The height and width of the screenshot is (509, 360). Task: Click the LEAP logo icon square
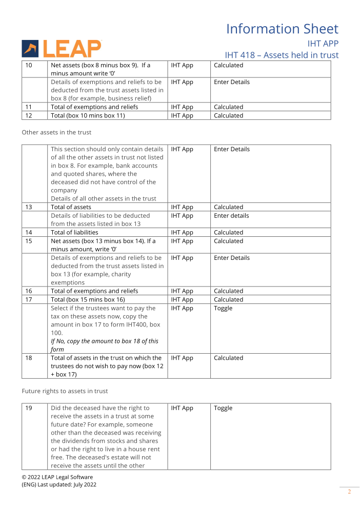pyautogui.click(x=30, y=49)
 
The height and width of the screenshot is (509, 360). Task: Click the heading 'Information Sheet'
pyautogui.click(x=282, y=29)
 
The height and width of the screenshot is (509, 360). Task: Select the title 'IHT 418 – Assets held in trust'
pyautogui.click(x=282, y=55)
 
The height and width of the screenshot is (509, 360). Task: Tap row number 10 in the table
pyautogui.click(x=29, y=66)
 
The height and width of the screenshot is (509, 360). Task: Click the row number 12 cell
pyautogui.click(x=29, y=116)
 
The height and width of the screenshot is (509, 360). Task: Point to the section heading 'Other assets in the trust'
pyautogui.click(x=56, y=132)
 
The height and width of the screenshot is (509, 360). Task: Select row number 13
pyautogui.click(x=29, y=208)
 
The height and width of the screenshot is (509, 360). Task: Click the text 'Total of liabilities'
pyautogui.click(x=74, y=233)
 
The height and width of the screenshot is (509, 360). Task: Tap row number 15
pyautogui.click(x=29, y=241)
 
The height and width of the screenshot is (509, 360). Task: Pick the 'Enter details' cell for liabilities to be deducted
pyautogui.click(x=231, y=216)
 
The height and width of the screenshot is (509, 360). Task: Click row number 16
pyautogui.click(x=29, y=291)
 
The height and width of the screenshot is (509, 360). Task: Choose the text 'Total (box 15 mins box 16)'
pyautogui.click(x=88, y=300)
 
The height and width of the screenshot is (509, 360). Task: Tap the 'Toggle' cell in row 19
pyautogui.click(x=223, y=409)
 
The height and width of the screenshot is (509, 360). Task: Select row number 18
pyautogui.click(x=29, y=358)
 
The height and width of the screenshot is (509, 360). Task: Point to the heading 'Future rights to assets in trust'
pyautogui.click(x=65, y=391)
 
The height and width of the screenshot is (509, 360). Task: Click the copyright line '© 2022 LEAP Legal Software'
pyautogui.click(x=57, y=477)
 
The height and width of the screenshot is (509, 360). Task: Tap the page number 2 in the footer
pyautogui.click(x=349, y=492)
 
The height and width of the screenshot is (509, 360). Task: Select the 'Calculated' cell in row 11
pyautogui.click(x=228, y=108)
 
